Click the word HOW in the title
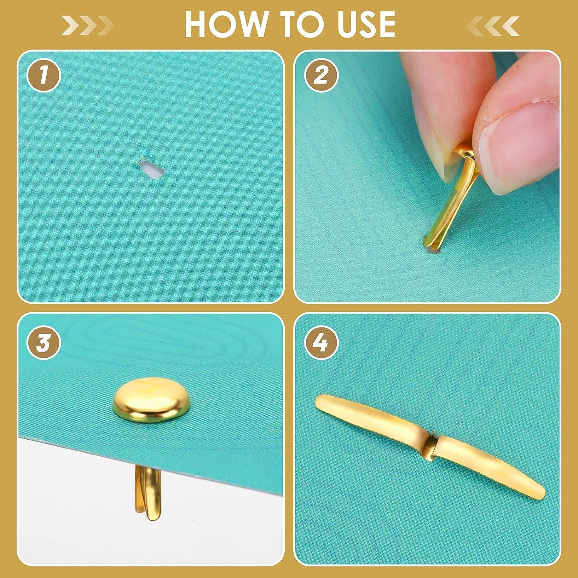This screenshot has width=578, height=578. click(218, 24)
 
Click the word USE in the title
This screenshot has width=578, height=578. click(360, 24)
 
